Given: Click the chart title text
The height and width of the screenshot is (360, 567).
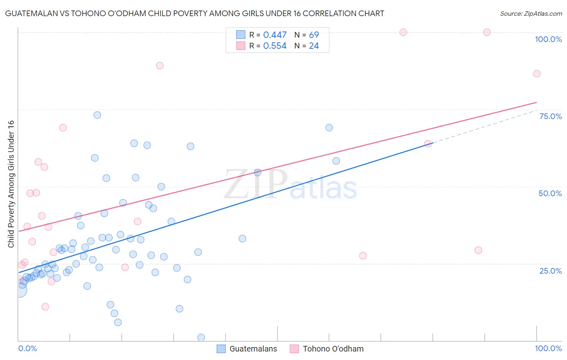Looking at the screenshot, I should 194,13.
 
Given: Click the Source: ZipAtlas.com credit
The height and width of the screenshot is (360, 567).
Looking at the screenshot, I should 531,13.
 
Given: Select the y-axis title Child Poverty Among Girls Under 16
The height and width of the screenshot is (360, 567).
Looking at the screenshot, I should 11,184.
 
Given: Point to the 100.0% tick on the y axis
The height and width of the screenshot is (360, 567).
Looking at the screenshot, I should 548,39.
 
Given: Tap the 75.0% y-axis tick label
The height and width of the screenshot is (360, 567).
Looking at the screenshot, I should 550,116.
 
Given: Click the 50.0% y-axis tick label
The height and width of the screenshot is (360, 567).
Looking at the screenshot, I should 550,193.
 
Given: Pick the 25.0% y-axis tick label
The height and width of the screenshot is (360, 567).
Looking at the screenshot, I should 550,270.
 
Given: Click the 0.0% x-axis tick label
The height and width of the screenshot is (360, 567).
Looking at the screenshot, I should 27,348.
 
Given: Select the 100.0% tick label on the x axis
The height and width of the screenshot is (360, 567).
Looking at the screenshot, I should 548,348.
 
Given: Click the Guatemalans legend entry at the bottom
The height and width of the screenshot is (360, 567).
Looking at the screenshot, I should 247,349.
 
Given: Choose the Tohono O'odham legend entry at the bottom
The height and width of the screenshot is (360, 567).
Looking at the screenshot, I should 327,349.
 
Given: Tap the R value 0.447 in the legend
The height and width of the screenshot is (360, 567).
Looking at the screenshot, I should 275,35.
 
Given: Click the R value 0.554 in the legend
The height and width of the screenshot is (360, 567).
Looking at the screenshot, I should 275,46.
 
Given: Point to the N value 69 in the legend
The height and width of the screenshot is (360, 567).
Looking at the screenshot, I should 314,35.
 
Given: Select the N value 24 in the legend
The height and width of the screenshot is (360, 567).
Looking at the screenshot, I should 314,46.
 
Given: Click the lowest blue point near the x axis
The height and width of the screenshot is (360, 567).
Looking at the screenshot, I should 201,337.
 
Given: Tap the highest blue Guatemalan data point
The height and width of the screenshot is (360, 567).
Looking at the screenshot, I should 97,115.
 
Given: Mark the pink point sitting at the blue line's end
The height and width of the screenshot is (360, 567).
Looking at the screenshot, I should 428,144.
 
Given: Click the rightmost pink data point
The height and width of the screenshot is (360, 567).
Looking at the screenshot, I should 536,73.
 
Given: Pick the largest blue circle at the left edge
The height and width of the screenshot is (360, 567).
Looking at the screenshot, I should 20,290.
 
